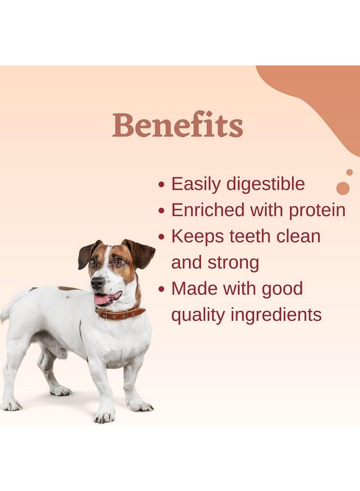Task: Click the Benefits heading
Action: [x=178, y=125]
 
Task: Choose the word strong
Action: [x=235, y=262]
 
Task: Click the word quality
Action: [x=196, y=315]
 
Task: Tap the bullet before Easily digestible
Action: [x=161, y=185]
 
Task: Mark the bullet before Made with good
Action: [x=161, y=289]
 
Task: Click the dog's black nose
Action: [x=97, y=283]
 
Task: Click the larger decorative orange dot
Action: [x=343, y=188]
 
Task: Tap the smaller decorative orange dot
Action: [x=349, y=172]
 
